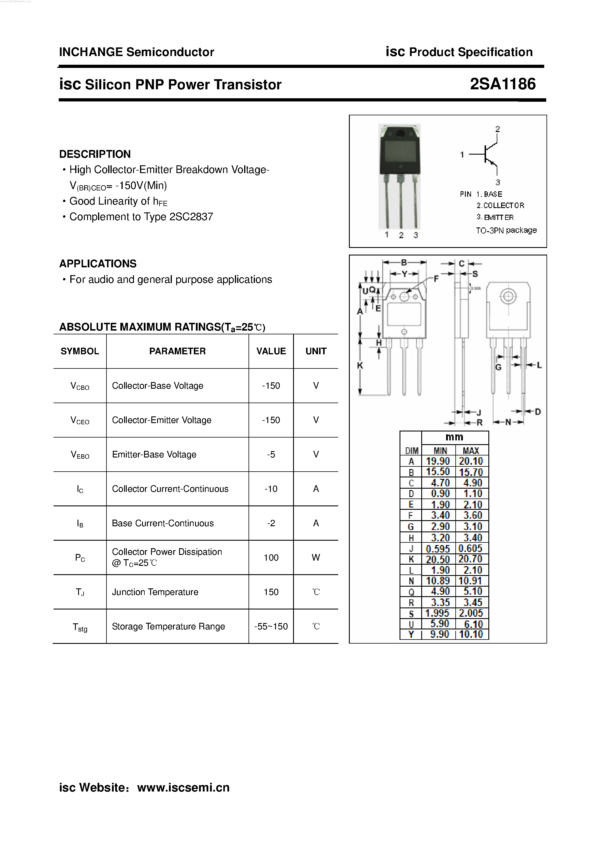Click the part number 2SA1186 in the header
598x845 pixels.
(x=503, y=84)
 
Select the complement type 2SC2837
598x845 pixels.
(x=191, y=217)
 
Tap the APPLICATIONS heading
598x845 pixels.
(x=97, y=264)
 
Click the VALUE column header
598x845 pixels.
(x=271, y=351)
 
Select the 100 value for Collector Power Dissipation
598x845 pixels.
(x=271, y=557)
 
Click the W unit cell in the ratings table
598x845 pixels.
(x=316, y=557)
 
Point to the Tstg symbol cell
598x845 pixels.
(x=80, y=627)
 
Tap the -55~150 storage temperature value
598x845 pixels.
(x=271, y=627)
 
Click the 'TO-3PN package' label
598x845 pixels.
(x=506, y=230)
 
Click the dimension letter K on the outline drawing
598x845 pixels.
(x=360, y=366)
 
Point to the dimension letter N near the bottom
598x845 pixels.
(x=508, y=422)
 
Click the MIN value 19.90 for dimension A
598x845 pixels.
(x=438, y=461)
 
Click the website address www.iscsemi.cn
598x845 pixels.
(x=183, y=787)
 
